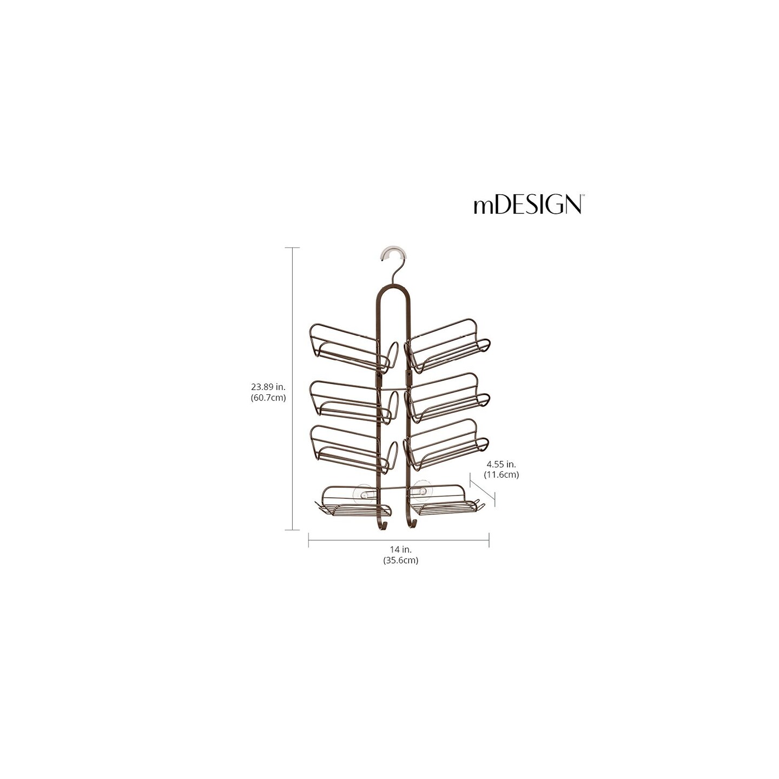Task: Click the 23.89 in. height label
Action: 268,387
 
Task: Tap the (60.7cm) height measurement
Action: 268,397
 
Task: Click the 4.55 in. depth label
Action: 503,464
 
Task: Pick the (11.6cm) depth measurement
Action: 503,474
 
